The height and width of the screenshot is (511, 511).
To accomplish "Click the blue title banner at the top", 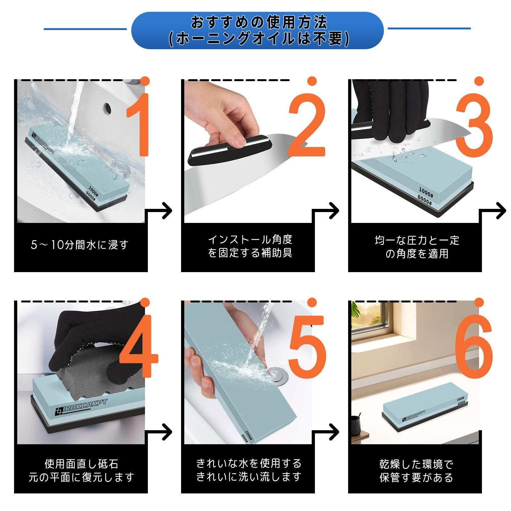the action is [x=257, y=30].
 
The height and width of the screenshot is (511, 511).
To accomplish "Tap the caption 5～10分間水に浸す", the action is [x=80, y=245].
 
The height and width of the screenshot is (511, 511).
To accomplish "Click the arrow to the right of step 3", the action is [x=492, y=211].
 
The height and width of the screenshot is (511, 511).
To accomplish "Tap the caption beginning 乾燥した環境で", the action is [x=416, y=470].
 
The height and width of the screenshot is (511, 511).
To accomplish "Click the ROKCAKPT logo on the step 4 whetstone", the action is [x=81, y=407].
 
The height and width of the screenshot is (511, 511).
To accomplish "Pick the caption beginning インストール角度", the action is [x=250, y=246].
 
